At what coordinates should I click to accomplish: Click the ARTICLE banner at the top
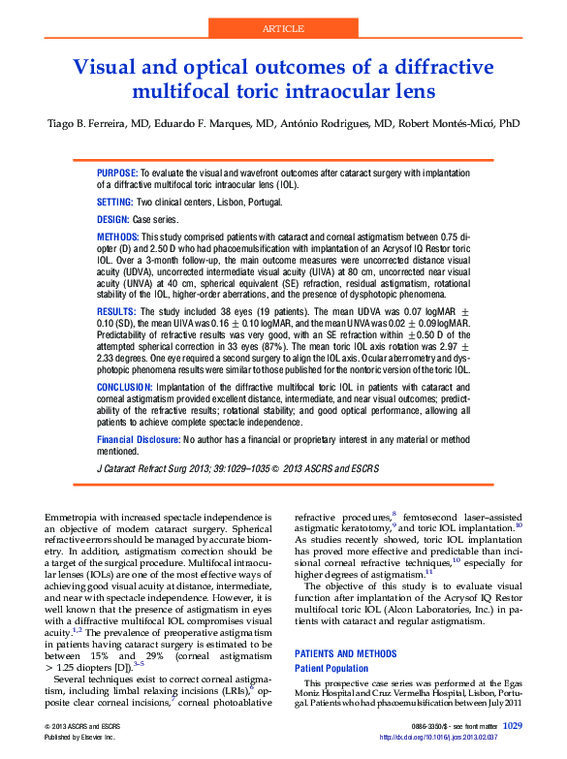(x=283, y=29)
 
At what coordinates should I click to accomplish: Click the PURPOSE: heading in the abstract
(x=117, y=171)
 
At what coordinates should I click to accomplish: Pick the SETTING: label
(x=115, y=202)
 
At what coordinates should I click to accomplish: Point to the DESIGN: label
(x=114, y=220)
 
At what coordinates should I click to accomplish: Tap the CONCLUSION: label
(x=123, y=386)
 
